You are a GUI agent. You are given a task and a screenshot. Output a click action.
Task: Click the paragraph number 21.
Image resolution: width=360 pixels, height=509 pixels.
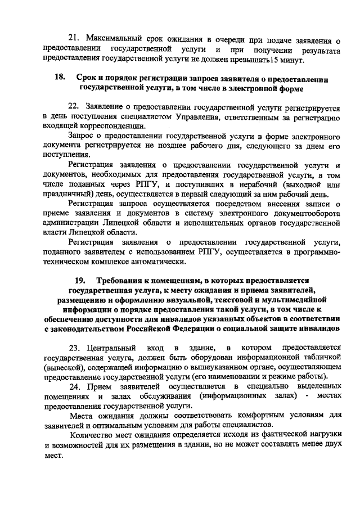pyautogui.click(x=73, y=38)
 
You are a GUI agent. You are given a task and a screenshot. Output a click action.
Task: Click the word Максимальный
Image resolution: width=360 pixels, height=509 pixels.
pyautogui.click(x=112, y=38)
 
